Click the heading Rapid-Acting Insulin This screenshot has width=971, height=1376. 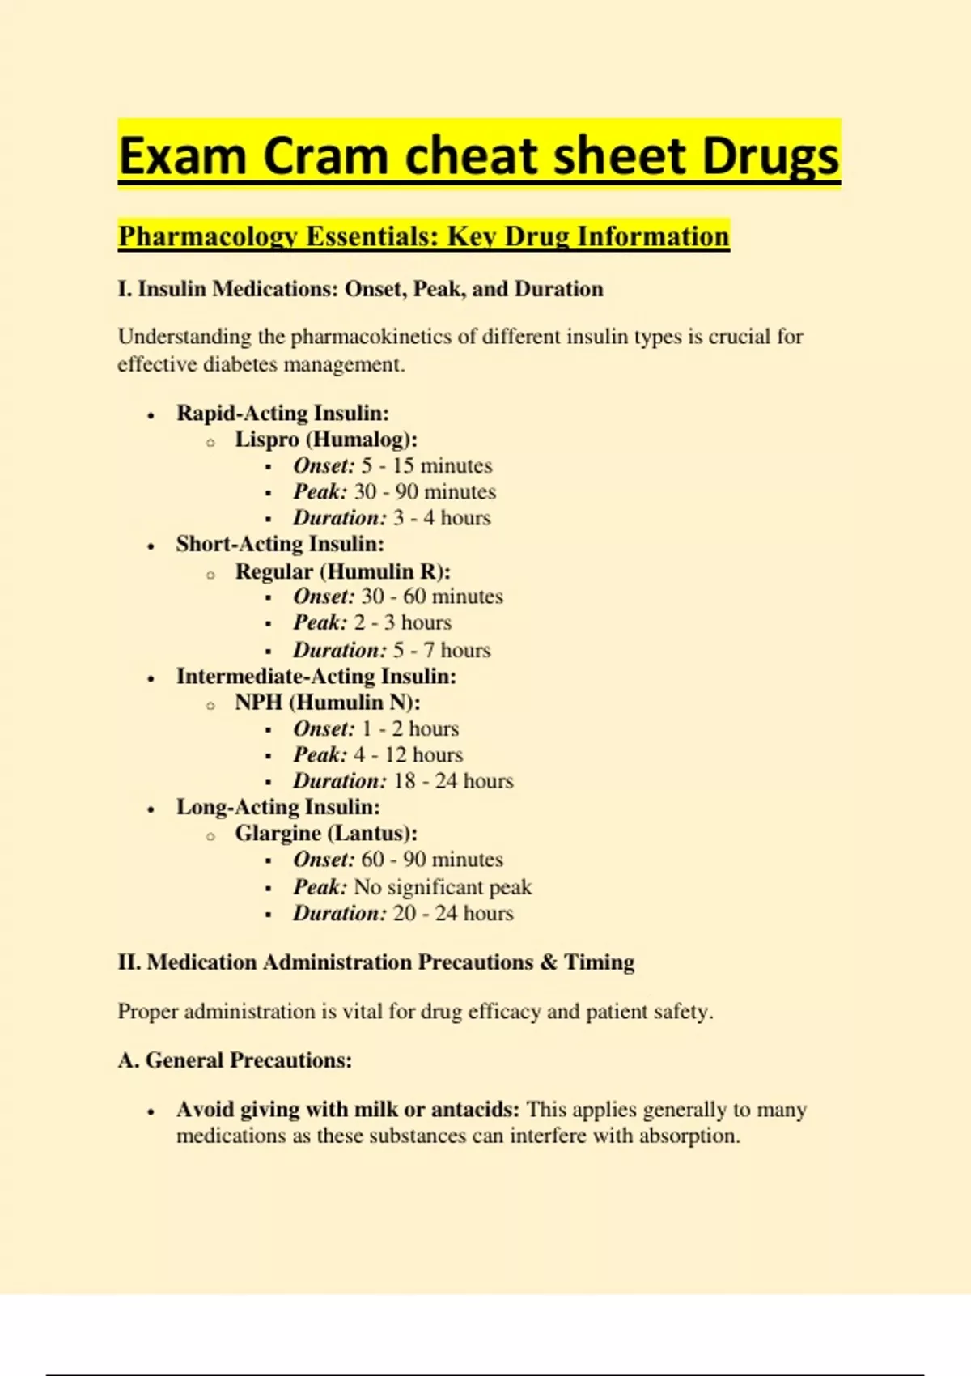(282, 413)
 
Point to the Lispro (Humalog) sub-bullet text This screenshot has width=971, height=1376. (325, 440)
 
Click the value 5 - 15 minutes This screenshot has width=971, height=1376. (426, 465)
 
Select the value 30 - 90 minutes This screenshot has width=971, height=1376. (425, 491)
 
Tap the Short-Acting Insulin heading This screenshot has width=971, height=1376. (280, 544)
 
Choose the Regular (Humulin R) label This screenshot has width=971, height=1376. (342, 571)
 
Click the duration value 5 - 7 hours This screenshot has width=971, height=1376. (442, 650)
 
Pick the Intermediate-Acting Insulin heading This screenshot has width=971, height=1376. (316, 676)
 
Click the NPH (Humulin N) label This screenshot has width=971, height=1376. (327, 702)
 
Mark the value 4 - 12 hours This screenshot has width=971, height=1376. (408, 754)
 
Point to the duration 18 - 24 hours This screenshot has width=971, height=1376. (453, 781)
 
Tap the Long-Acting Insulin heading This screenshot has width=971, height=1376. (278, 807)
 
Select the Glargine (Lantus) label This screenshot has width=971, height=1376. (326, 833)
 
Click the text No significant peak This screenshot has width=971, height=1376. (443, 887)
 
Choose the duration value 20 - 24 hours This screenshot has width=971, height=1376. (453, 913)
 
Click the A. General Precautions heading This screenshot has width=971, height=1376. (235, 1060)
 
